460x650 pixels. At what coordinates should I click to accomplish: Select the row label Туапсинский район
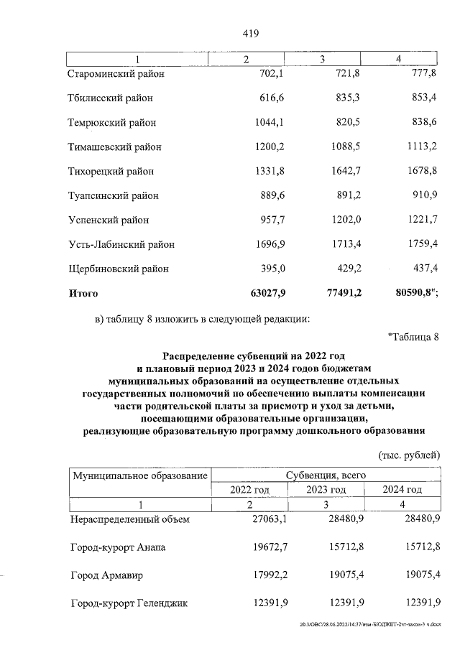click(113, 196)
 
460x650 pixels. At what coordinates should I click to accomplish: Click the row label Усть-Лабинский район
click(121, 245)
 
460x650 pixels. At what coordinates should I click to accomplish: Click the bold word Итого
click(83, 294)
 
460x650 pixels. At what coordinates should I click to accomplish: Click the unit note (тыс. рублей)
click(408, 455)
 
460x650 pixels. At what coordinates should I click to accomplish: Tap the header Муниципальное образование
click(138, 475)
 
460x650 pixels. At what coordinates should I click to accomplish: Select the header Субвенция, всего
click(326, 475)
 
